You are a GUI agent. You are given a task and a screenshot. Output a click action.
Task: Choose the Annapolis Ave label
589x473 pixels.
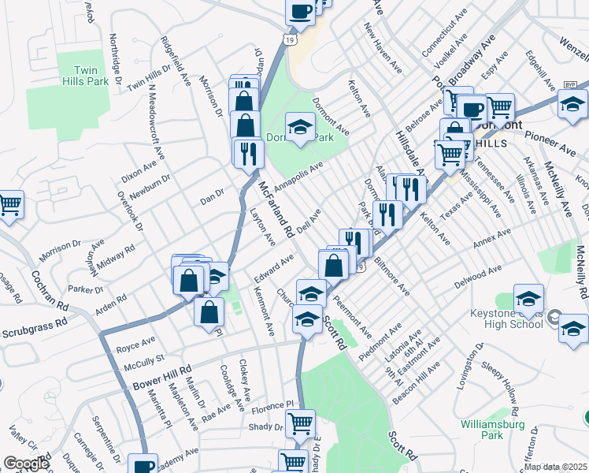(x=298, y=175)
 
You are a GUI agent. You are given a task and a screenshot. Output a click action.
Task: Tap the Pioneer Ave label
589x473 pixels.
(x=550, y=143)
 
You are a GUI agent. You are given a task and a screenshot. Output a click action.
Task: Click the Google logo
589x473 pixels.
(x=26, y=463)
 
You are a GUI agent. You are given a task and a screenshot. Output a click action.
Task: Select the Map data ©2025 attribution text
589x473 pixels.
(x=555, y=466)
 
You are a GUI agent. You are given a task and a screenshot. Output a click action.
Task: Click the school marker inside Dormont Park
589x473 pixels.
(x=299, y=126)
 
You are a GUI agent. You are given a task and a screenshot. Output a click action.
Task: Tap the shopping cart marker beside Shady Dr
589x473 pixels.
(x=300, y=423)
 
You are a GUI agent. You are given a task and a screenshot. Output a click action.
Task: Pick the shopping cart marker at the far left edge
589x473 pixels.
(x=9, y=204)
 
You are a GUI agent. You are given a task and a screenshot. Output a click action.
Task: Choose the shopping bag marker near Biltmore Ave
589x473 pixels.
(x=334, y=264)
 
